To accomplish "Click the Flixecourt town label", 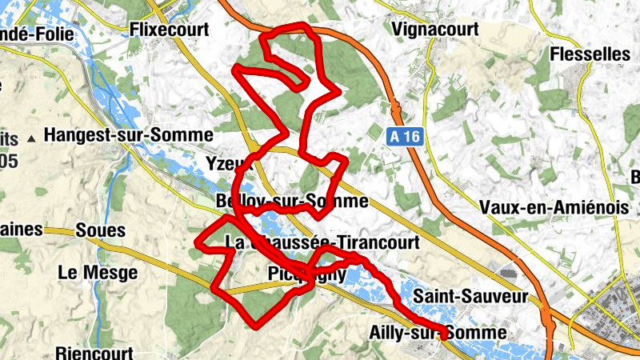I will [169, 30].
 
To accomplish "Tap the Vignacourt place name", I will [436, 30].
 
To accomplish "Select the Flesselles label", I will [590, 54].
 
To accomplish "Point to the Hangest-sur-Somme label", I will [130, 135].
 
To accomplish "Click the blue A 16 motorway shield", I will [406, 138].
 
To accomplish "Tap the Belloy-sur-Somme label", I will [292, 201].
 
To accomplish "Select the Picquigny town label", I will [305, 274].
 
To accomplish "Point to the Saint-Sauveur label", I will [471, 297].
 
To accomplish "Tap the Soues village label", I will [101, 230].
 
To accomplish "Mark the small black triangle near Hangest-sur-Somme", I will [31, 138].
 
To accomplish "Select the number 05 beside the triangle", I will [9, 161].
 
